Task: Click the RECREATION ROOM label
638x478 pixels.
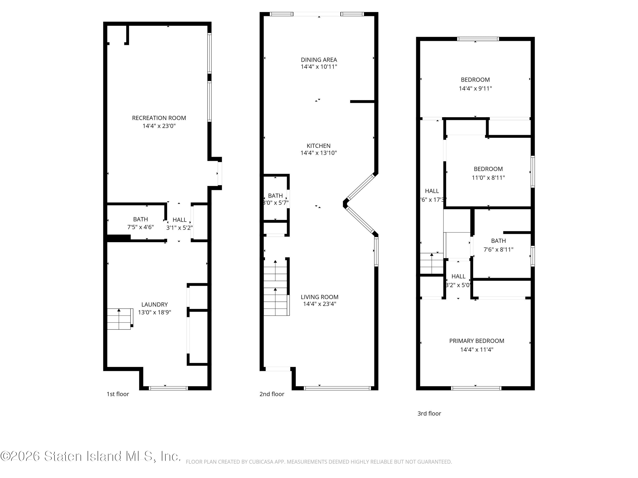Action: (x=159, y=118)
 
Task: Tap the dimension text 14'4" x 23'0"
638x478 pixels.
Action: (x=159, y=126)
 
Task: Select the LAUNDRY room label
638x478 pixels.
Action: (x=154, y=305)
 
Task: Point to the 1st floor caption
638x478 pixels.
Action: (x=118, y=394)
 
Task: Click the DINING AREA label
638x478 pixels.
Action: (x=319, y=60)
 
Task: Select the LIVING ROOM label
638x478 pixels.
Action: (x=319, y=297)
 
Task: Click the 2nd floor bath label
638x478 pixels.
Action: (x=275, y=196)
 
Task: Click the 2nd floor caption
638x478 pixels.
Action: (x=272, y=394)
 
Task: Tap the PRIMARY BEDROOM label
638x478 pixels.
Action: (x=477, y=341)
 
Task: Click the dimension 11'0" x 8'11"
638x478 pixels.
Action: (x=488, y=178)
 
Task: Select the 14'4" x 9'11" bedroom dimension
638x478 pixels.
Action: (x=475, y=88)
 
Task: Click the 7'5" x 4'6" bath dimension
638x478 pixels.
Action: (x=140, y=227)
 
